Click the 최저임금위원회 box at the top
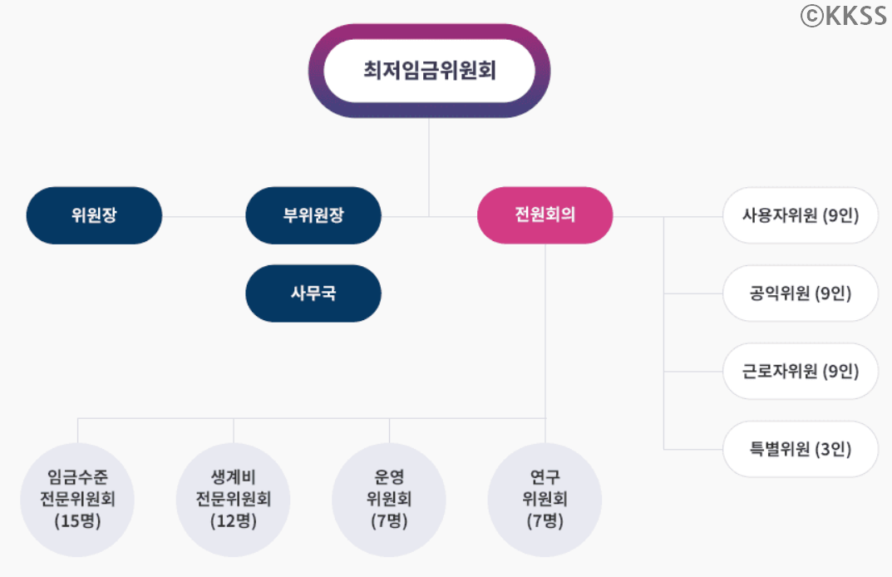(x=429, y=71)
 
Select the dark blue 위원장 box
(x=93, y=215)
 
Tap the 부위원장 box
(x=313, y=215)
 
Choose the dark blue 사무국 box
(x=313, y=293)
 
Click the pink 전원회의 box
(x=545, y=215)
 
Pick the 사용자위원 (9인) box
(x=800, y=215)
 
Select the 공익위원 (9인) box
(x=800, y=293)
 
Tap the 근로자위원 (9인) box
(x=800, y=371)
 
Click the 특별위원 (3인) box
(x=800, y=449)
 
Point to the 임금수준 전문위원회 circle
(x=77, y=500)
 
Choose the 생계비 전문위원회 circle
(x=234, y=500)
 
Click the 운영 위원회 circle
(x=389, y=500)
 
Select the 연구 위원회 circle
(x=545, y=500)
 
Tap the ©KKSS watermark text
(x=843, y=16)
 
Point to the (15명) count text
(x=77, y=522)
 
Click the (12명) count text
(x=234, y=522)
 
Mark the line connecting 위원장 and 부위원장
(x=203, y=216)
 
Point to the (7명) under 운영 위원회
(x=389, y=522)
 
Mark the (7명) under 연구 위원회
(x=545, y=522)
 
